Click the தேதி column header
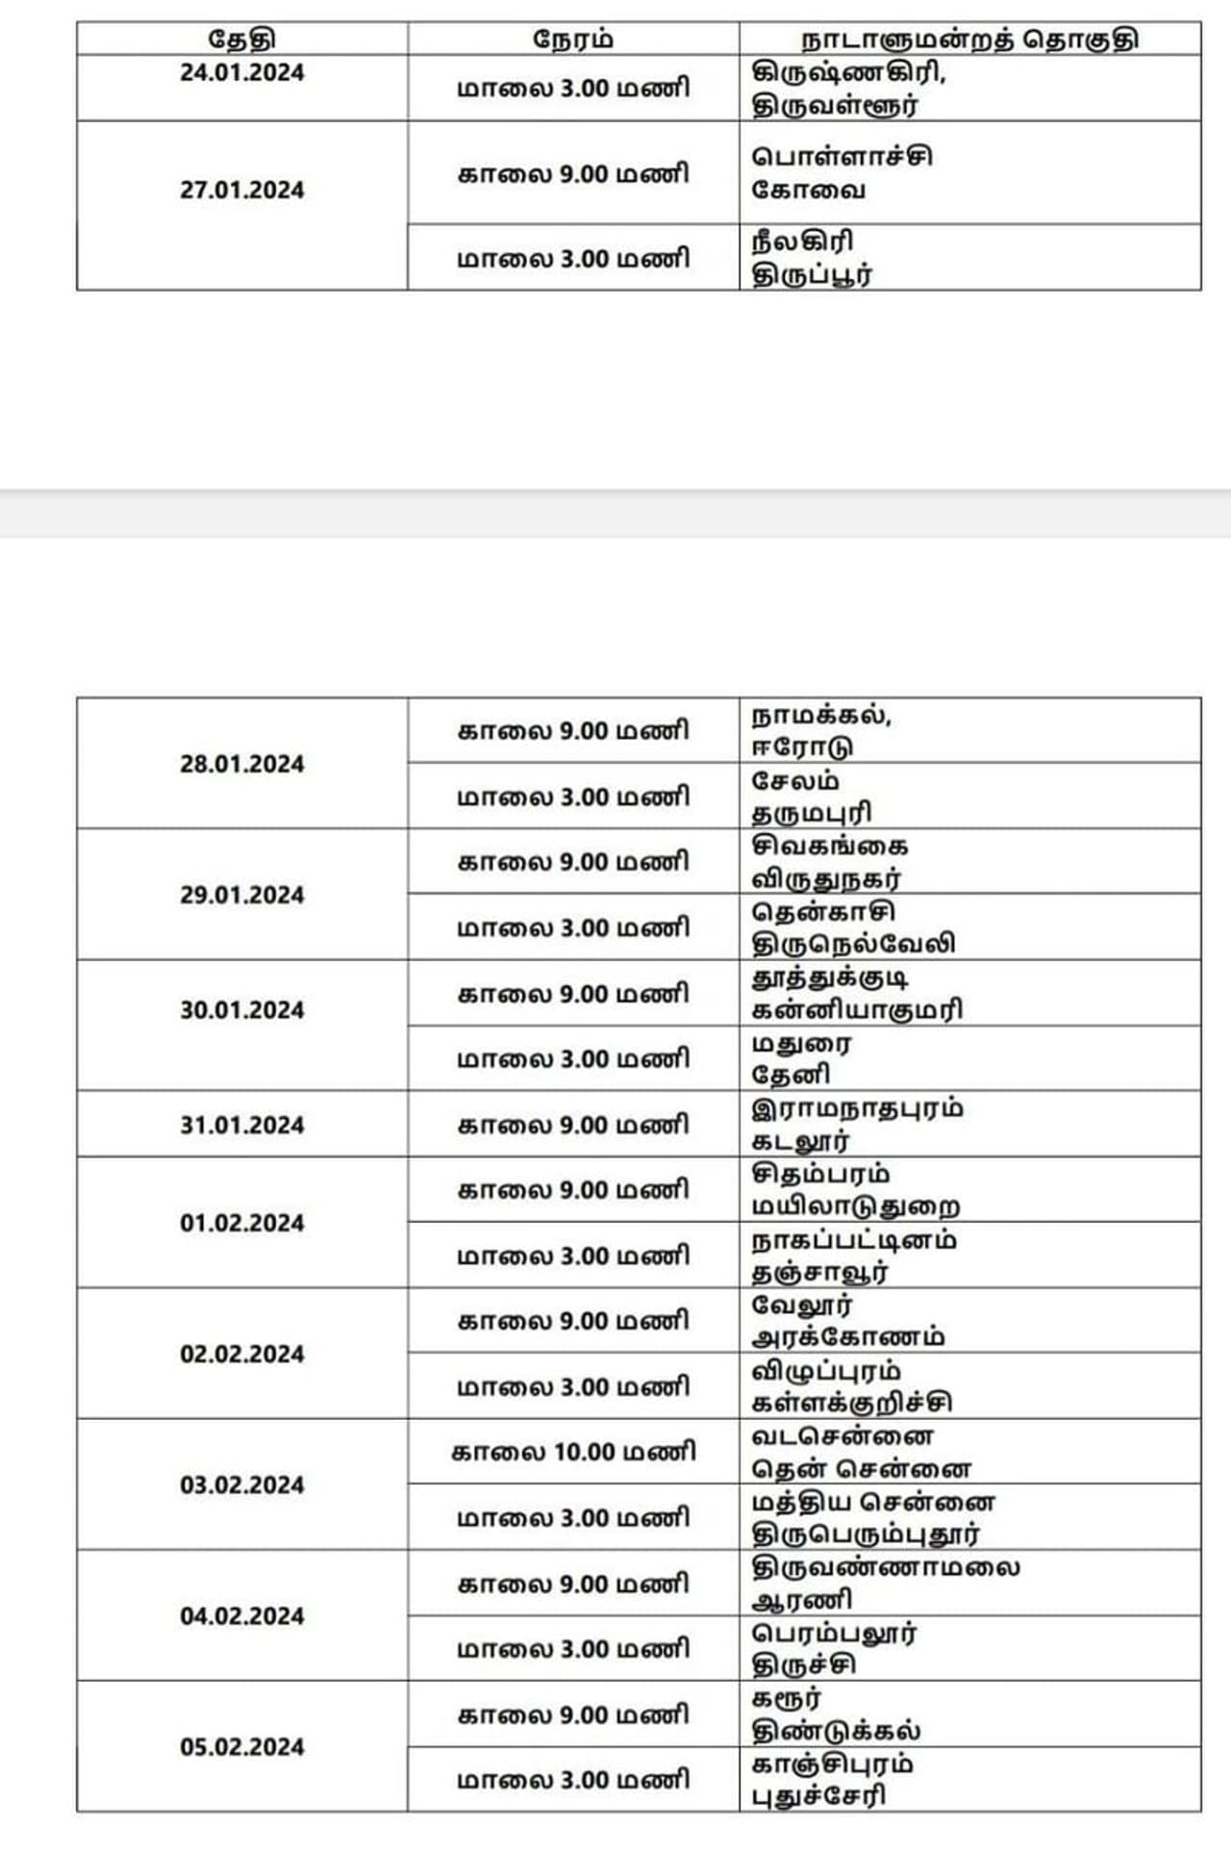(241, 39)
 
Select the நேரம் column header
(573, 39)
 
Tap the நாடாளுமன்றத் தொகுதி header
(969, 39)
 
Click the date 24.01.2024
(241, 73)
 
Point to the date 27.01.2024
(241, 190)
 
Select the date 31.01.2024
(241, 1125)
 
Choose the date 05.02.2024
(241, 1746)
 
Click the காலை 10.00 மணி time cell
(573, 1451)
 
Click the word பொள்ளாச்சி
(842, 157)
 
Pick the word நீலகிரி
(802, 241)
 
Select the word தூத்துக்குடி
(830, 977)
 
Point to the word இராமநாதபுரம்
(857, 1108)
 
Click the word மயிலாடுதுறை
(855, 1206)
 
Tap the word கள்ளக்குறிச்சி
(852, 1403)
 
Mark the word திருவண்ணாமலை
(886, 1567)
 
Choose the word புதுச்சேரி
(818, 1795)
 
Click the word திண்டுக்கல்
(836, 1731)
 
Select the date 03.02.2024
(241, 1484)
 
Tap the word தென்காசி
(823, 911)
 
